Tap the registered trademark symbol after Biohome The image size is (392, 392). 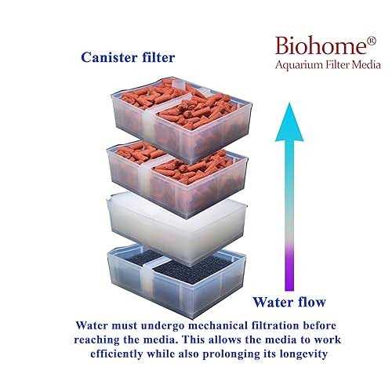372,41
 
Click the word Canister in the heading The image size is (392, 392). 109,57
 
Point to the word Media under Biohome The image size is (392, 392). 366,64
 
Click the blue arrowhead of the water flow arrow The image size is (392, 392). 289,122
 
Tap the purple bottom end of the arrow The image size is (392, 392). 289,285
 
